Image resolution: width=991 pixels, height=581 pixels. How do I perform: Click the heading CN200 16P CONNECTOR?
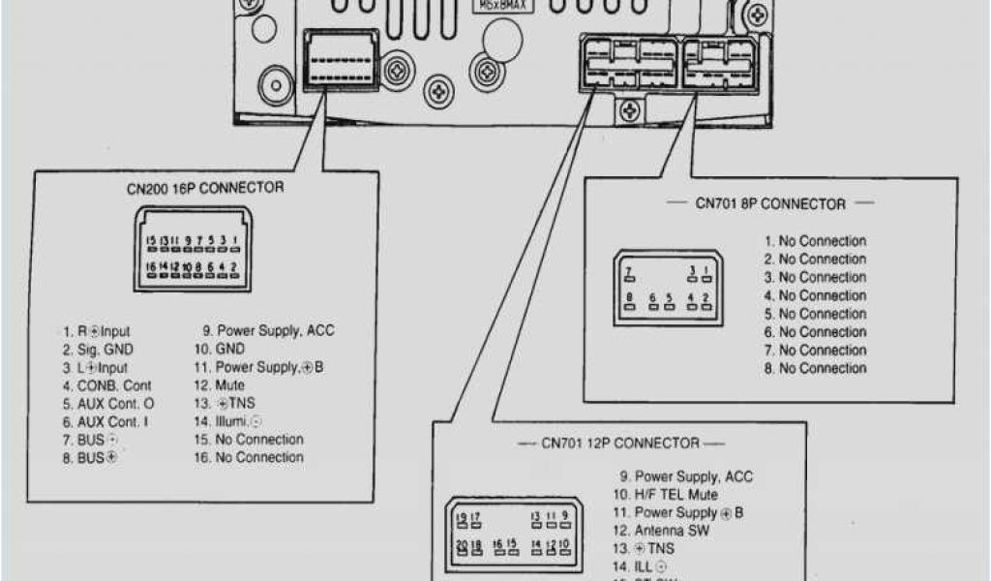204,187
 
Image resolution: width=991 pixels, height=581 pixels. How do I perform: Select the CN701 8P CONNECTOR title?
770,203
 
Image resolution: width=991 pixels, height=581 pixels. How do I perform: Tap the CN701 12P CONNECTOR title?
619,443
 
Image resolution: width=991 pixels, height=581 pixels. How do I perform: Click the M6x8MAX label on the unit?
499,5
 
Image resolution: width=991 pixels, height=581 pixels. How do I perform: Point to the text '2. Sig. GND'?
99,350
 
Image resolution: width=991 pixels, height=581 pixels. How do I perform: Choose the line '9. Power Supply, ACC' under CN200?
263,330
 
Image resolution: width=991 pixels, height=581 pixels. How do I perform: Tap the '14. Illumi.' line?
227,421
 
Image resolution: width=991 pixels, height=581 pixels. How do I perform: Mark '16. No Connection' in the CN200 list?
249,457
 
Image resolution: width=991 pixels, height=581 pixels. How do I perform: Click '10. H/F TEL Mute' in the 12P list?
677,495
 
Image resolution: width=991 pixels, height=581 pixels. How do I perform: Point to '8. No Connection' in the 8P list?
815,368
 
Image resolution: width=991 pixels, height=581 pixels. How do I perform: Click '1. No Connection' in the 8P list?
815,241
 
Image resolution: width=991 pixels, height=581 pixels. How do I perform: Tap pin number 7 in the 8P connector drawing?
628,270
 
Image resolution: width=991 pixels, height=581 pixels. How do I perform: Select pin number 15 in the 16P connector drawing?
150,240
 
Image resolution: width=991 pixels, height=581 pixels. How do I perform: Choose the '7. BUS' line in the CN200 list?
92,440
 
